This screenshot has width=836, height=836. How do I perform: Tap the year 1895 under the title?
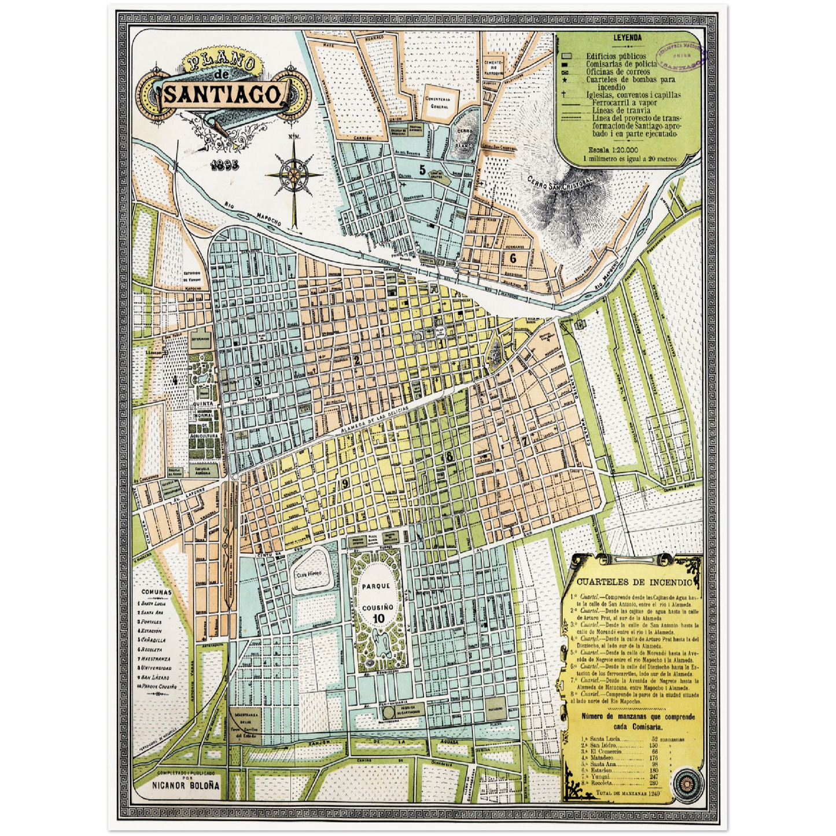pos(224,164)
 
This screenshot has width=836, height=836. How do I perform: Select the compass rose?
pos(294,174)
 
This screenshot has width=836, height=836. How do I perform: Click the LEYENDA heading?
pos(627,38)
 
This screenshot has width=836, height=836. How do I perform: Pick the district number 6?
pos(513,258)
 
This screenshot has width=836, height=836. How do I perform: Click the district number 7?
pos(525,440)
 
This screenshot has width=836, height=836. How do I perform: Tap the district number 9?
pos(345,484)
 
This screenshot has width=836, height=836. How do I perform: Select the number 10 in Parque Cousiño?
pos(379,618)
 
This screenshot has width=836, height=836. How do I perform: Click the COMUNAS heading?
pos(156,592)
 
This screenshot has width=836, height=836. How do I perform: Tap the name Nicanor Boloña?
pos(186,785)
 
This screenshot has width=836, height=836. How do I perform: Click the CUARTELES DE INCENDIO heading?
pos(634,582)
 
